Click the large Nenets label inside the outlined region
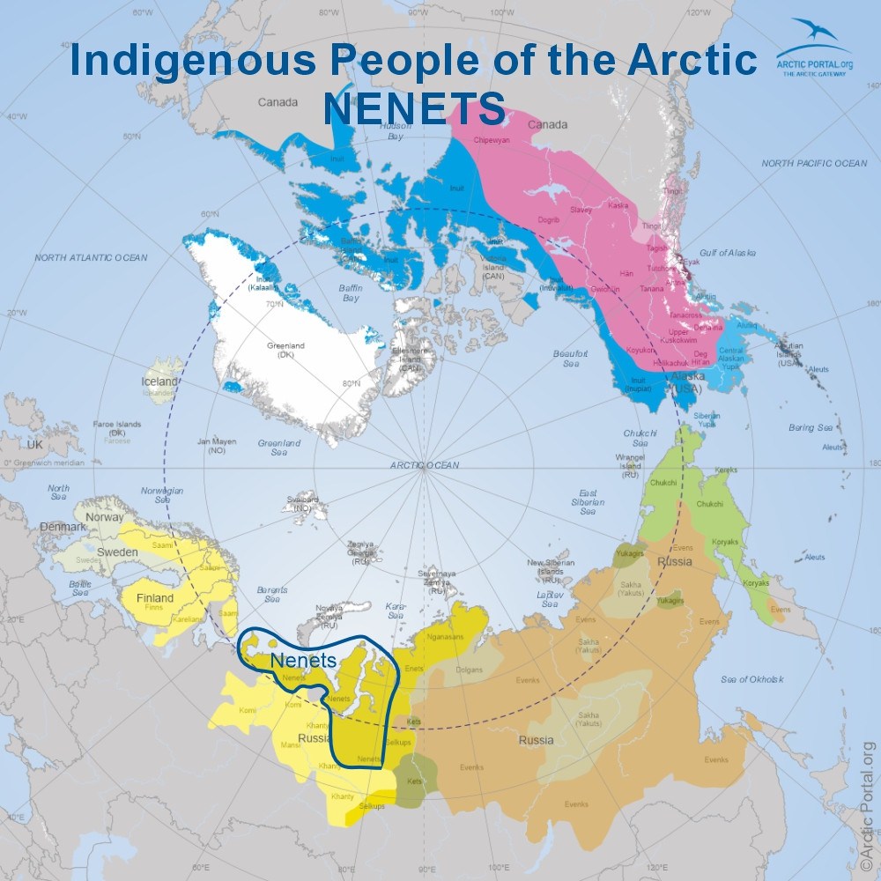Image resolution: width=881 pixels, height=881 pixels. click(304, 660)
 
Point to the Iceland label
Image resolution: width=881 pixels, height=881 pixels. click(159, 382)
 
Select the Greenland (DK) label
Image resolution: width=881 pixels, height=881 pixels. click(285, 351)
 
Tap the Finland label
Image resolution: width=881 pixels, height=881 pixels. click(154, 598)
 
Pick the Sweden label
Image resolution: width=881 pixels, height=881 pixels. click(116, 552)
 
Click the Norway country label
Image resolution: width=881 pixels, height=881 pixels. click(105, 517)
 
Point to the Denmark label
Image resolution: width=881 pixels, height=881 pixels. click(62, 527)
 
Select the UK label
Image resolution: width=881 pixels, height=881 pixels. click(34, 445)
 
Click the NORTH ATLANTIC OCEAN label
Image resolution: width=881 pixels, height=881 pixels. click(92, 257)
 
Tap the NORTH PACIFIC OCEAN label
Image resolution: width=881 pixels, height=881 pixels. click(814, 164)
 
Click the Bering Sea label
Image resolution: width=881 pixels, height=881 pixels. click(811, 427)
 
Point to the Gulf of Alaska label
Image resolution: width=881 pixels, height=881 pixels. click(728, 253)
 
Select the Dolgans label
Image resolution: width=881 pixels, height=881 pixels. click(469, 670)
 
